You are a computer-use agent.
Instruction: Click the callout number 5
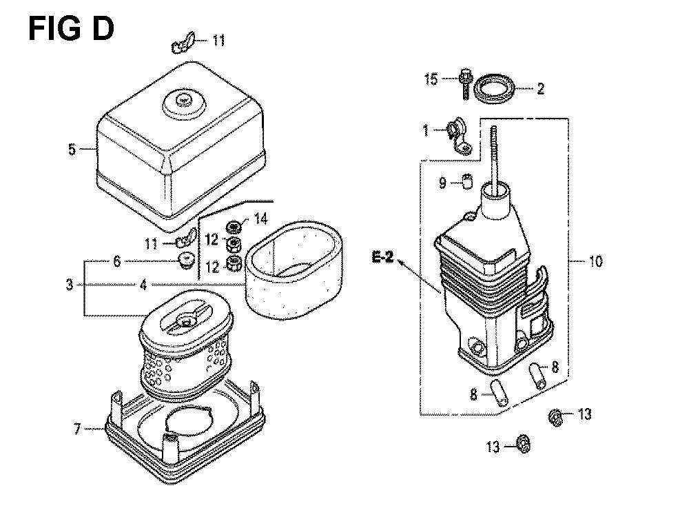pos(72,149)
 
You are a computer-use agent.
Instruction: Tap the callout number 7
pos(77,429)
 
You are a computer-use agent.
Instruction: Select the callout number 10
pos(595,261)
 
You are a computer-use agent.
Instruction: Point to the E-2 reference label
pos(382,257)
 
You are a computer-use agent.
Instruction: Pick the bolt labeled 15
pos(465,83)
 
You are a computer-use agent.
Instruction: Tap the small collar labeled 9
pos(468,181)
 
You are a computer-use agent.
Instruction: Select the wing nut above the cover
pos(182,43)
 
